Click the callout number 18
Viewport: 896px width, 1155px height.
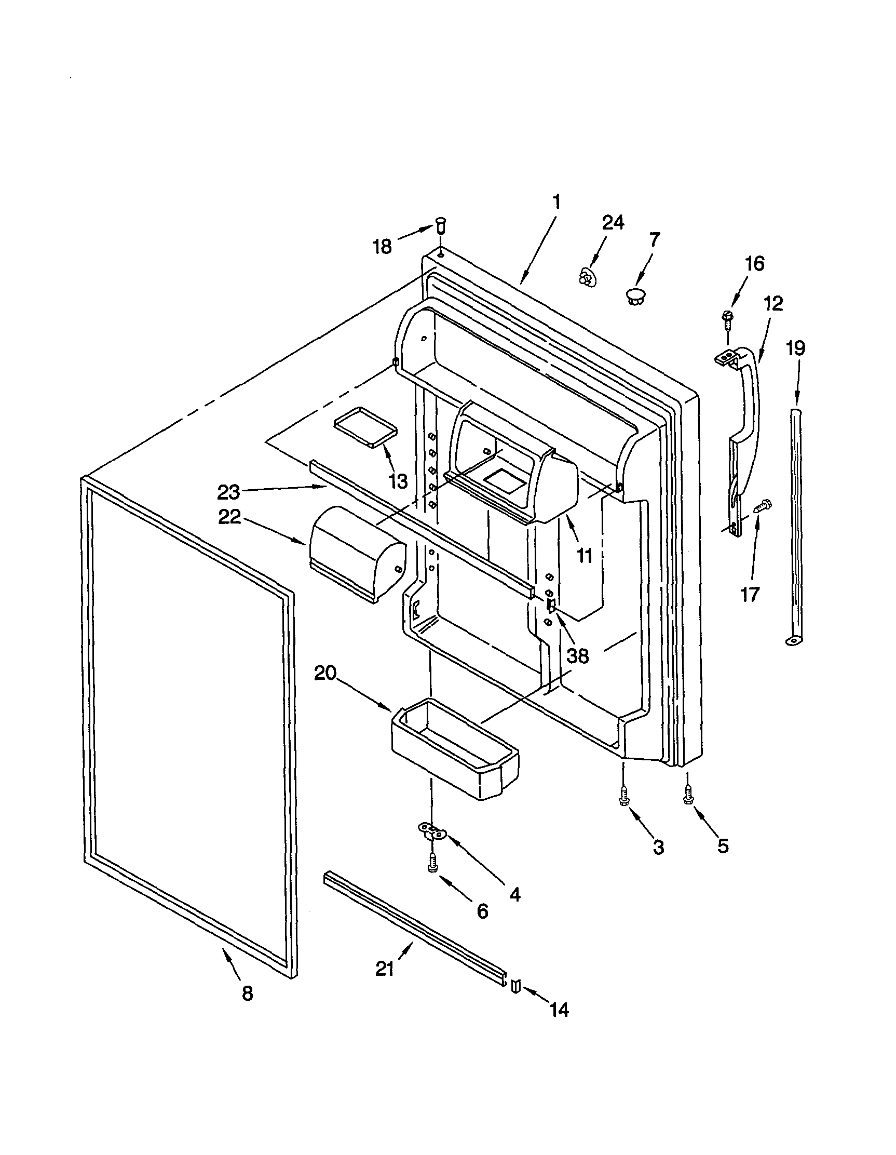[x=383, y=246]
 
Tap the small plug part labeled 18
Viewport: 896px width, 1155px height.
[x=440, y=230]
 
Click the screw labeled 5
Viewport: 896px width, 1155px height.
[x=688, y=795]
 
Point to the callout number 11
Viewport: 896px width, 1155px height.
[x=585, y=555]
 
